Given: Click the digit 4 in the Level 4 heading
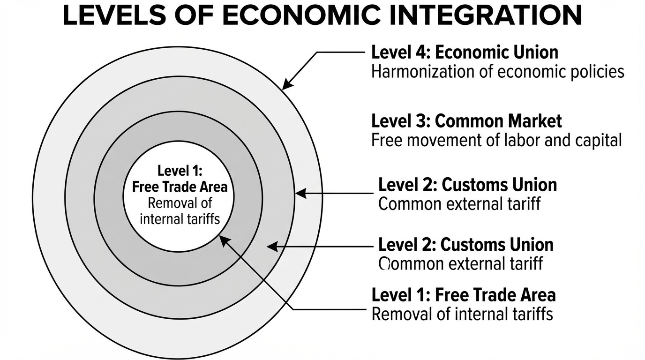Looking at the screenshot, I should [420, 52].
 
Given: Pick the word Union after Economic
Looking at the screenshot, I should [535, 52].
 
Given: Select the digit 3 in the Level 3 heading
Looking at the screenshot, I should [420, 121].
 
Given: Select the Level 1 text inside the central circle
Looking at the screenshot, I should [180, 170].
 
